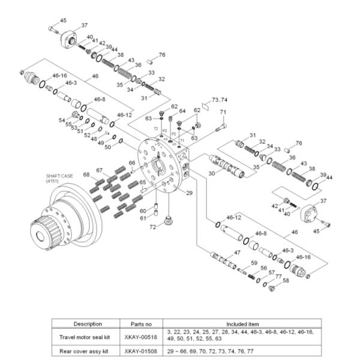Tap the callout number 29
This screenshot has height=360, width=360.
(189, 193)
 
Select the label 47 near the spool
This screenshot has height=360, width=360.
(237, 253)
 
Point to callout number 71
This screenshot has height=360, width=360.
(223, 113)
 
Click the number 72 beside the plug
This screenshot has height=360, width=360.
(154, 227)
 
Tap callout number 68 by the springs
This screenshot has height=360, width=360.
(86, 175)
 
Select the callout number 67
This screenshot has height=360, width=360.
(100, 170)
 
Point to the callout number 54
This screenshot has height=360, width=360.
(62, 120)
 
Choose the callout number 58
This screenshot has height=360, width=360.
(286, 281)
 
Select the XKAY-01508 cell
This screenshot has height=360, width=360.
(139, 350)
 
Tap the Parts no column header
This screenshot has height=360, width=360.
(139, 324)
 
